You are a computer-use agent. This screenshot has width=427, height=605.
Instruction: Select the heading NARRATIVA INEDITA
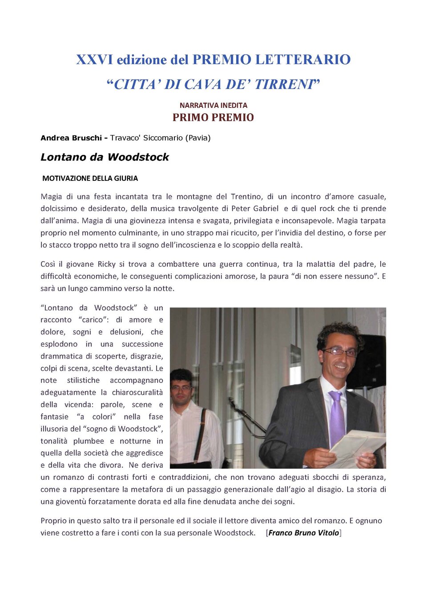213,106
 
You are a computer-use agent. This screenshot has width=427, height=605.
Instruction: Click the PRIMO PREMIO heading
213,118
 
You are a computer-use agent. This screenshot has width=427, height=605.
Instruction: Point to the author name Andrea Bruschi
71,138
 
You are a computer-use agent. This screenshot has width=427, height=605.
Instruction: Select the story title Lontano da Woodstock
105,157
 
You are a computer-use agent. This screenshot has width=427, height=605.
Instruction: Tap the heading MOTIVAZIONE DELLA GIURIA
90,178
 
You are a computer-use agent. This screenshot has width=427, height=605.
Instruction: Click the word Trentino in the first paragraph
246,196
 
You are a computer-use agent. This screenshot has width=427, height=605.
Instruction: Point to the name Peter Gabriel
255,208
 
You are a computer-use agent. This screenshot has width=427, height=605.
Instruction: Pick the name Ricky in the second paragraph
107,264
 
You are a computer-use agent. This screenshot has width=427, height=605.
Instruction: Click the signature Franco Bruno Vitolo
304,533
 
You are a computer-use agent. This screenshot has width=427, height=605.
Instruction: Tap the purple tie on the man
337,417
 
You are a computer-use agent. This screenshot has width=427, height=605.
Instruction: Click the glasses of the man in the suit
340,352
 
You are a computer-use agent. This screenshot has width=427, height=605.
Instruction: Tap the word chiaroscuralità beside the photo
137,392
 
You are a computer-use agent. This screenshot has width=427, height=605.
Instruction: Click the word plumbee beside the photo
89,441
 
